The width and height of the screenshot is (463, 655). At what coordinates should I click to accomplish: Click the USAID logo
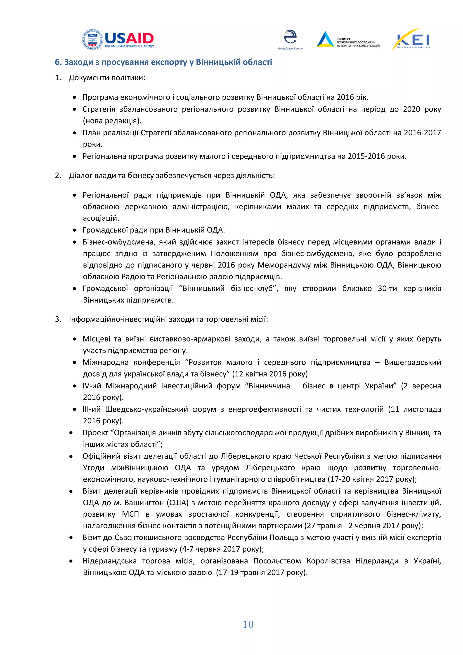(x=118, y=40)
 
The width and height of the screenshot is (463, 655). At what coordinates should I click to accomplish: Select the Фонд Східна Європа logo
(x=290, y=39)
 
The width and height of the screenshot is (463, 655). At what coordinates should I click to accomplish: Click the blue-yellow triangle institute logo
(x=325, y=39)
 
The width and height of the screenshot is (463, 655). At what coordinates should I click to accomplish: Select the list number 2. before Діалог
(x=58, y=176)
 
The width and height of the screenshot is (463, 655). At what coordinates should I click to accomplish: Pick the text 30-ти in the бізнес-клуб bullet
(x=387, y=288)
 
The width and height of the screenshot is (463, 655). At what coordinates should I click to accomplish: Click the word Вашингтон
(x=144, y=502)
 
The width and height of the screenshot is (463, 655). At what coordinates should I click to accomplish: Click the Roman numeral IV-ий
(x=92, y=386)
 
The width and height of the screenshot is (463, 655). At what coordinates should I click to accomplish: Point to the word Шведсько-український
(x=146, y=409)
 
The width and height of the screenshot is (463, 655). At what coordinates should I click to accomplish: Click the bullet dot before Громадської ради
(x=75, y=230)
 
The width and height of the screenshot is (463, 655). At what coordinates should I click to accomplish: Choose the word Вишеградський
(x=412, y=362)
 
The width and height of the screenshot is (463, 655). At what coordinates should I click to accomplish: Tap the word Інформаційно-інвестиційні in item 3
(x=118, y=319)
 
